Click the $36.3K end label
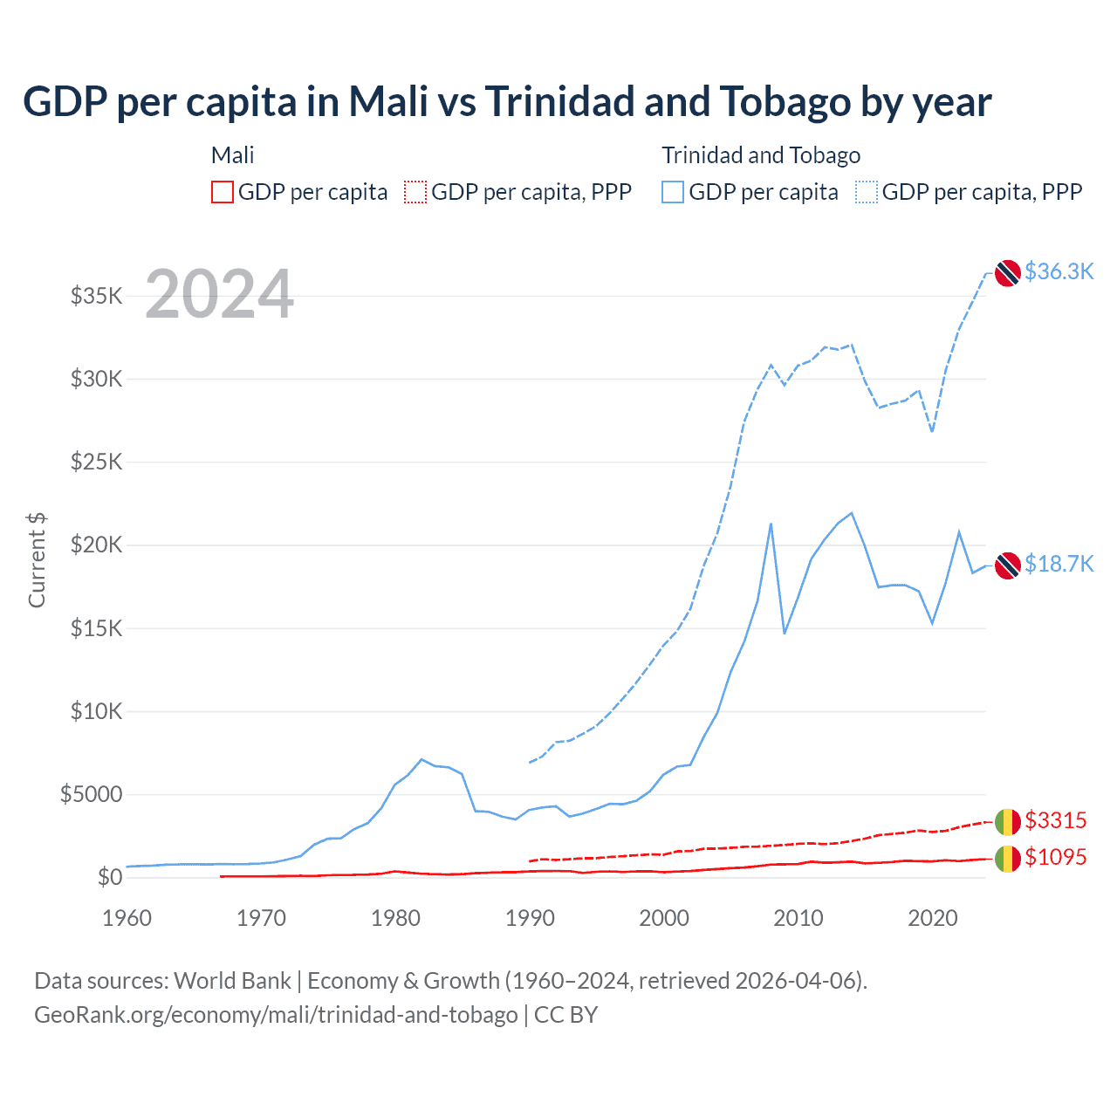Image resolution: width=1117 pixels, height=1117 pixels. point(1059,271)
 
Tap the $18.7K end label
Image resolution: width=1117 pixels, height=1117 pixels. point(1059,564)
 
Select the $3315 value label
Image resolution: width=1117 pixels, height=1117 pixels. point(1055,820)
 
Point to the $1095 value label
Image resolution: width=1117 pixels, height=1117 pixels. point(1055,857)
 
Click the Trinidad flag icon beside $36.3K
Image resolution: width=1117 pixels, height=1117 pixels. point(1008,273)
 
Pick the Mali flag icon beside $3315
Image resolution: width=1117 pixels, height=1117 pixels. point(1008,822)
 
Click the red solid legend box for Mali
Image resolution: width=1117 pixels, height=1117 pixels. point(223,192)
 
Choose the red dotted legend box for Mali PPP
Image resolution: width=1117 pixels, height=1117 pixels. point(415,192)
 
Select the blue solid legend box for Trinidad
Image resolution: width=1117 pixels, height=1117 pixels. point(673,192)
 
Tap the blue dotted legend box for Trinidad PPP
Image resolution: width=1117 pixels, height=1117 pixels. point(867,192)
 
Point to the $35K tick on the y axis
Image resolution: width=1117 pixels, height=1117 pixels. point(97,296)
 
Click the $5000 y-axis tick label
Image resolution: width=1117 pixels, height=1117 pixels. point(92,794)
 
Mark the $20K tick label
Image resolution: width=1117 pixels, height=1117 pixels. point(97,545)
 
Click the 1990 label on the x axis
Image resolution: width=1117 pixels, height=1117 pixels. point(530,918)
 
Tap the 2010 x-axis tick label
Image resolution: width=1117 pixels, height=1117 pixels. point(798,918)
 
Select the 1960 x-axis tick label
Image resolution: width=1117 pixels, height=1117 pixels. point(127,918)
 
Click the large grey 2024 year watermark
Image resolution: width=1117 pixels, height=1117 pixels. point(219,294)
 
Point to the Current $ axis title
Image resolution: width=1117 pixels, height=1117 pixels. point(37,559)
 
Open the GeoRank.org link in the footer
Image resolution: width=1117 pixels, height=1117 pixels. point(276,1015)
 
